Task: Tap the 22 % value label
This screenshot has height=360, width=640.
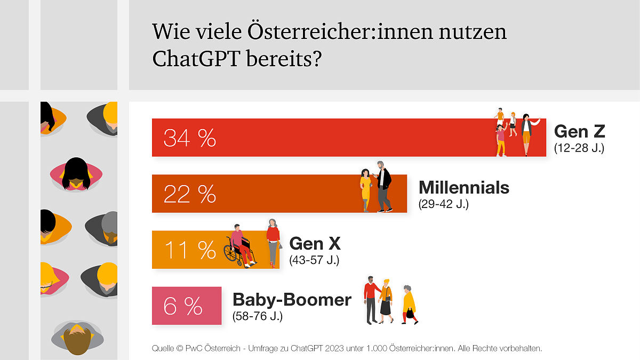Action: point(189,194)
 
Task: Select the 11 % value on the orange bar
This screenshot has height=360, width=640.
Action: point(189,250)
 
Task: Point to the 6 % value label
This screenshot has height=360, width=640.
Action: point(182,306)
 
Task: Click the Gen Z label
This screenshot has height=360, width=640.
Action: point(579,131)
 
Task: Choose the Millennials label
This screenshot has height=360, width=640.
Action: point(464,188)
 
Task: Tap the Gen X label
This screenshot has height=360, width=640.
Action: point(315,244)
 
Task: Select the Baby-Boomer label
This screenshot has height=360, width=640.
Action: point(292,300)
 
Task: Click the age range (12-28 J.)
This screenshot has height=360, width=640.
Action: point(579,148)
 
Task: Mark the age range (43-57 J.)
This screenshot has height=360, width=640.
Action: point(314,261)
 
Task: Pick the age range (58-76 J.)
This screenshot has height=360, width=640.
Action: point(258,316)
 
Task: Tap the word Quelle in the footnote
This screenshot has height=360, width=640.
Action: point(162,349)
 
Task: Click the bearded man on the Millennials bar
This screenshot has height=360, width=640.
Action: point(383,186)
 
